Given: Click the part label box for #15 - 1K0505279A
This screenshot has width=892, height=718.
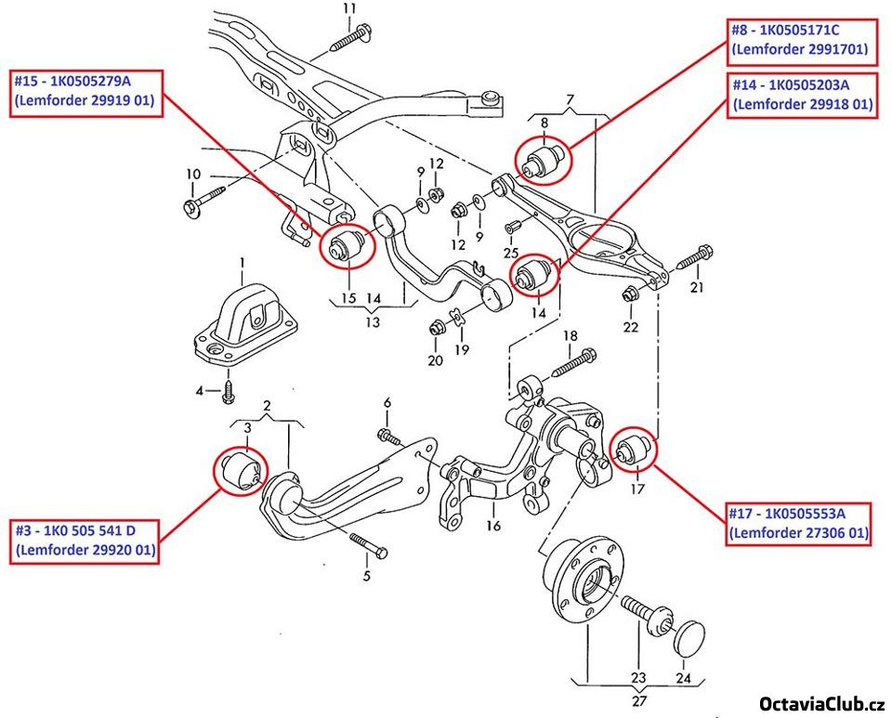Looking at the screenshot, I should click(85, 93).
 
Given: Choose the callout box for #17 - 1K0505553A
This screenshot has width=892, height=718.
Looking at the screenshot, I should click(798, 523).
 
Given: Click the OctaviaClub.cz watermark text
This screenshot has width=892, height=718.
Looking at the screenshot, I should click(823, 703).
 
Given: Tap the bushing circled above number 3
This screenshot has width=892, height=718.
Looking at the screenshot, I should click(243, 467).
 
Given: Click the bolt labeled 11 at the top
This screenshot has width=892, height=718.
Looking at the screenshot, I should click(348, 37).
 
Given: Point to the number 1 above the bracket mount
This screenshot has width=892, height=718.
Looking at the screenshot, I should click(242, 264).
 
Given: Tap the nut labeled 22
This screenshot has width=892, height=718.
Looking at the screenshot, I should click(628, 296).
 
